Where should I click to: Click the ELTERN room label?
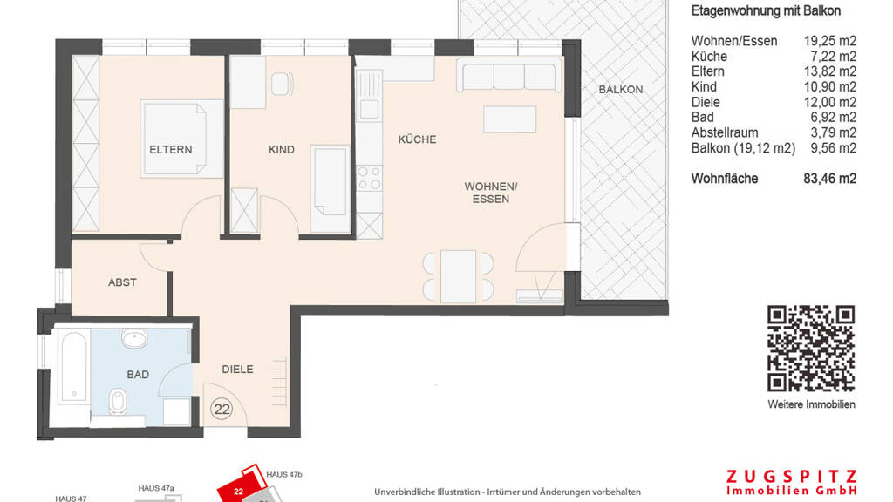click(x=170, y=150)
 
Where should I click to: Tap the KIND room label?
click(x=282, y=150)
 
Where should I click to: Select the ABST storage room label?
click(x=122, y=282)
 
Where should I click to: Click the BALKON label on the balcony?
click(x=620, y=90)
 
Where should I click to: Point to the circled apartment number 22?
click(x=222, y=410)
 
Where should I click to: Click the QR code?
click(x=811, y=349)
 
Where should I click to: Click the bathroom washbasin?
click(x=133, y=338)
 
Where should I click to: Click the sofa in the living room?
click(x=508, y=75)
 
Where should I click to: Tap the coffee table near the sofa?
click(x=509, y=119)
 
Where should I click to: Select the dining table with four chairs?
click(x=459, y=276)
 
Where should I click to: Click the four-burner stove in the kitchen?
click(x=369, y=178)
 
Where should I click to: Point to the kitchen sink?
click(x=369, y=108)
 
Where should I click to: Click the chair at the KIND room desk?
click(x=282, y=84)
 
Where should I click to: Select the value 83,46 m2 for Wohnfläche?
click(x=830, y=179)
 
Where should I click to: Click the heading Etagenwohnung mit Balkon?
click(x=766, y=10)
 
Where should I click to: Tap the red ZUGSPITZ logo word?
click(x=792, y=477)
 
